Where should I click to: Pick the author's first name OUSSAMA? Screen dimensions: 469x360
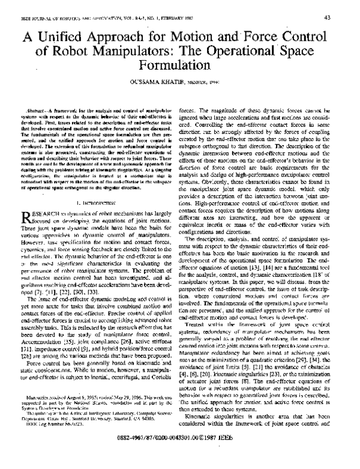[158, 82]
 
